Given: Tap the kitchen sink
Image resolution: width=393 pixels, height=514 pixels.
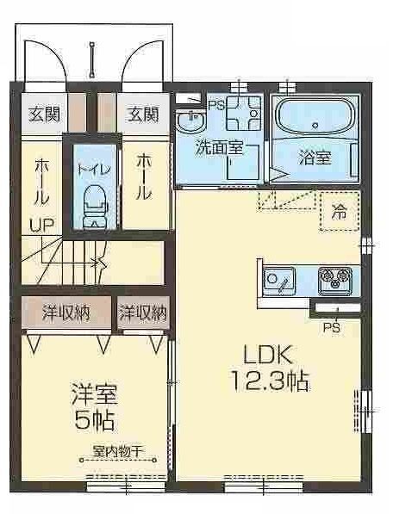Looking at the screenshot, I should pos(279,280).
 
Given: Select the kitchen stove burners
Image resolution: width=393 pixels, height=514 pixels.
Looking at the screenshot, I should pos(333,279).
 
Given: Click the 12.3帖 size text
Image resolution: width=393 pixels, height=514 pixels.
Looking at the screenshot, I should pos(269,380).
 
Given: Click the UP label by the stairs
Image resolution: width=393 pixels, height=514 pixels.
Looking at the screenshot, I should pos(42,226).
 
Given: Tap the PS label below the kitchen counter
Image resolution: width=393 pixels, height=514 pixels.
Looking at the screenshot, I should pos(331,327).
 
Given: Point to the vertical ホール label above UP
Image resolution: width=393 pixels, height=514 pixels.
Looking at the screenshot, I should pos(41,183).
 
